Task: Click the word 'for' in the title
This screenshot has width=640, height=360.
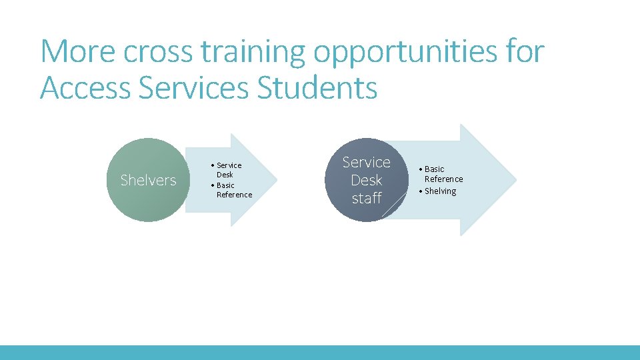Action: coord(525,52)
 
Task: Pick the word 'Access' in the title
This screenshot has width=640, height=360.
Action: coord(85,88)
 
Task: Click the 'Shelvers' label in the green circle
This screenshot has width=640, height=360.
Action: coord(148,180)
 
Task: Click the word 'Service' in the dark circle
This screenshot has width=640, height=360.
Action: coord(366,162)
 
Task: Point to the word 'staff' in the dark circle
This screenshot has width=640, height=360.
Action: coord(366,198)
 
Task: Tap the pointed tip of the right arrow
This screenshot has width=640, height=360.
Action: coord(515,179)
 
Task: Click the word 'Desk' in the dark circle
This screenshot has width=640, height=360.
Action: coord(366,180)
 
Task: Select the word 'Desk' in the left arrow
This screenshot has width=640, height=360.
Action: coord(225,175)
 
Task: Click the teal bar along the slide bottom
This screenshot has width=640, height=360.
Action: coord(320,352)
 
